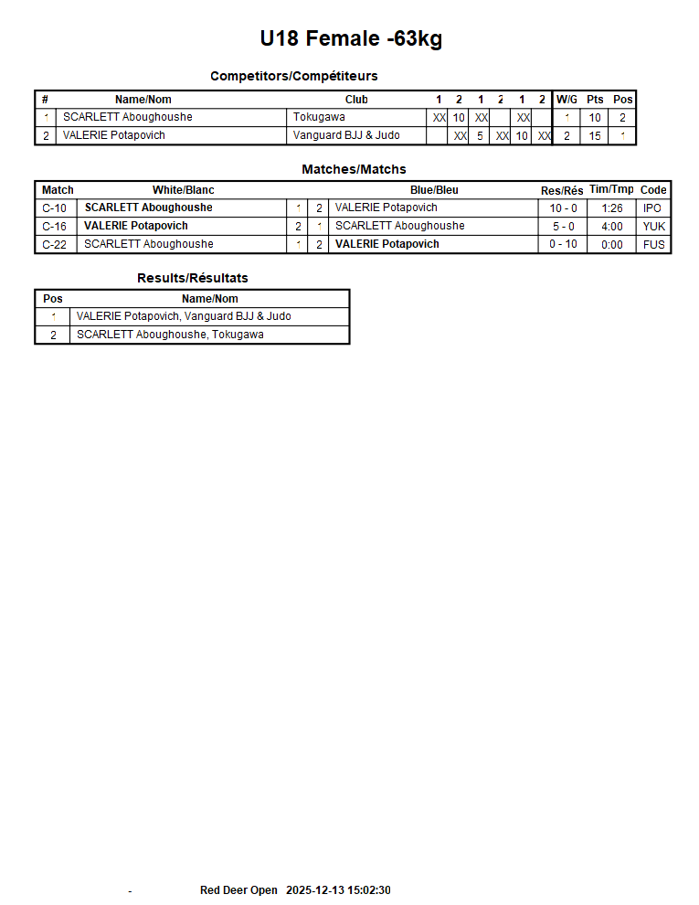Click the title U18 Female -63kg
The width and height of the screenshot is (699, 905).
351,38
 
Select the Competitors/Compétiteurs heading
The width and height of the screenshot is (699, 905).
293,76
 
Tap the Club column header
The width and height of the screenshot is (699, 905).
356,100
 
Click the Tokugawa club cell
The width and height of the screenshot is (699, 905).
319,117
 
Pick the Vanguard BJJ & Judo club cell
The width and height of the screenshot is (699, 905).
346,135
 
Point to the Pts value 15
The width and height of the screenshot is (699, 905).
595,135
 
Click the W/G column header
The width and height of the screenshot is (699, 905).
567,100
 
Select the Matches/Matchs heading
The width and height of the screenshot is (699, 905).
354,169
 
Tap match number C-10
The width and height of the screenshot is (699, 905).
55,208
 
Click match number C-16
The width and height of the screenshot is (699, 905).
55,226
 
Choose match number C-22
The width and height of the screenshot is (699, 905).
55,244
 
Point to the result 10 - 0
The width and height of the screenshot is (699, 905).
563,208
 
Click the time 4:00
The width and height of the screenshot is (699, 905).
611,226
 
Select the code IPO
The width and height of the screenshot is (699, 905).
652,208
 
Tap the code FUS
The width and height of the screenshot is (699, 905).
653,244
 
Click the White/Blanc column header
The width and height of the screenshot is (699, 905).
183,190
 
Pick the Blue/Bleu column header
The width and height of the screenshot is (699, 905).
434,190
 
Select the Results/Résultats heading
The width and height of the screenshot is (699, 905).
192,278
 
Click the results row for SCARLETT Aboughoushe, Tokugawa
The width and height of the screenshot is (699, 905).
170,335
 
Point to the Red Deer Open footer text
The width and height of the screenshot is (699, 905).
238,890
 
